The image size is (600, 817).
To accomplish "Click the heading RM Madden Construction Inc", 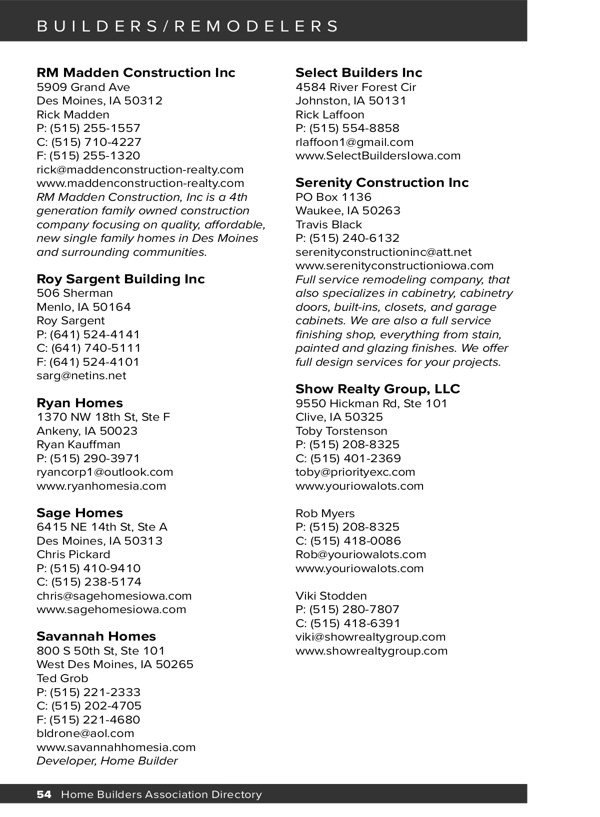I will [135, 73].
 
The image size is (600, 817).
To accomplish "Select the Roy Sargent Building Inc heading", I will [120, 279].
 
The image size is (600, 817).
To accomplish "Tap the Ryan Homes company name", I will [79, 403].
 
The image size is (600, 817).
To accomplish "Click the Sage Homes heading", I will [79, 513].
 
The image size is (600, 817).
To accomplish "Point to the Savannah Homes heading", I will [96, 636].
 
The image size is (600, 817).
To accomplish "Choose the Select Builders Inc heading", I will [358, 73].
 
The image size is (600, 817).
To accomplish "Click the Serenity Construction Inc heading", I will [382, 182].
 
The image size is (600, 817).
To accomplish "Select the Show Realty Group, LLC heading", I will [377, 389].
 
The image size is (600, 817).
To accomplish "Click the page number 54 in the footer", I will [44, 795].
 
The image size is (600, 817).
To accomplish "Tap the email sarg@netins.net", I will [81, 376].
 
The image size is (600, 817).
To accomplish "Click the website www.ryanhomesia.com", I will [101, 486].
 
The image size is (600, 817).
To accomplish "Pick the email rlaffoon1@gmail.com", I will [354, 142].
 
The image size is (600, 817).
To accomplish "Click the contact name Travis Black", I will [328, 224].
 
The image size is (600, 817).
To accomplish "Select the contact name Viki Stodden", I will [331, 596].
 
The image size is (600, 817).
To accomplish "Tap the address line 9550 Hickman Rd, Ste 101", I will [371, 403].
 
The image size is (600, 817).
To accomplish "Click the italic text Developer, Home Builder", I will [107, 761].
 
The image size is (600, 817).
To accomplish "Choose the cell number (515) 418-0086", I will [355, 541].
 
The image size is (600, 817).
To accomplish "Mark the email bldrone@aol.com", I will [85, 734].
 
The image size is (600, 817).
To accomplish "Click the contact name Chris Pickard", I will [73, 554].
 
